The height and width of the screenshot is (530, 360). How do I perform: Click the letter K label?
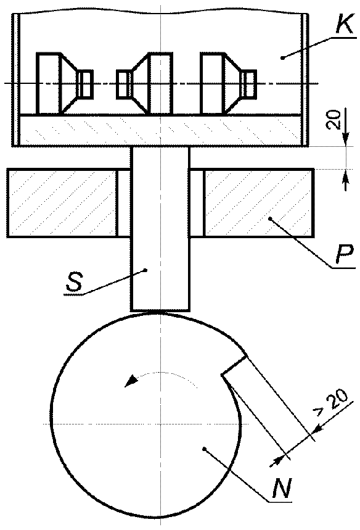click(345, 24)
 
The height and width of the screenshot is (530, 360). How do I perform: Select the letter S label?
click(74, 283)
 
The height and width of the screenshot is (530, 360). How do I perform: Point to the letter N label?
click(282, 488)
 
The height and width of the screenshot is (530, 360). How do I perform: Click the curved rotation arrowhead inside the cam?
click(131, 381)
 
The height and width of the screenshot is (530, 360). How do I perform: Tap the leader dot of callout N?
click(204, 449)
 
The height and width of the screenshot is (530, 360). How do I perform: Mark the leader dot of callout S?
click(145, 270)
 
